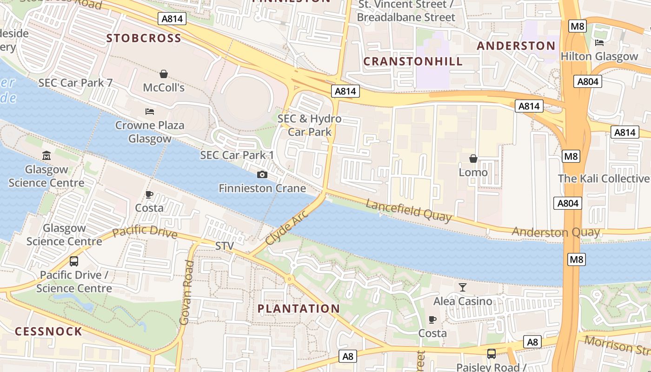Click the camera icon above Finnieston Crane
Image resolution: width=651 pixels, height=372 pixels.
coord(262,175)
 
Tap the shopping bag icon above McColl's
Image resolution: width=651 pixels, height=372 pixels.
coord(164,74)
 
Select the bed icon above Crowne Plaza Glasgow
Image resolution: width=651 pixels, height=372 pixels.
coord(150,112)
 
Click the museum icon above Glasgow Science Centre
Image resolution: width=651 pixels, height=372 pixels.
coord(46,155)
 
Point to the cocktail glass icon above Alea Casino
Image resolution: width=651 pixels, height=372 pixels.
coord(462,287)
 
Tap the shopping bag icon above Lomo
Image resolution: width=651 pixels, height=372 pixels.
coord(473,159)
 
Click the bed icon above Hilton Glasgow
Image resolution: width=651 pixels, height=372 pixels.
coord(599,43)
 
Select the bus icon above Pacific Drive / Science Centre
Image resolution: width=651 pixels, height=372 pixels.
coord(74,261)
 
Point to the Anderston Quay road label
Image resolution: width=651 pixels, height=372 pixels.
coord(556,232)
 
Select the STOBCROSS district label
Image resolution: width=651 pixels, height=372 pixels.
coord(144,38)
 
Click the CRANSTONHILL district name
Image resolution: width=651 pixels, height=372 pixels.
coord(413,61)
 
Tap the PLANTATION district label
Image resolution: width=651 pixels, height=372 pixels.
coord(299,309)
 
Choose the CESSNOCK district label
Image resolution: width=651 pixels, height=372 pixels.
coord(48,332)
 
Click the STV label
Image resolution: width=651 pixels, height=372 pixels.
coord(225,246)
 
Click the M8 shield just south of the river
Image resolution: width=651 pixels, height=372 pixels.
coord(576,259)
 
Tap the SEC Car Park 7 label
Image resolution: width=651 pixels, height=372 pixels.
coord(75,83)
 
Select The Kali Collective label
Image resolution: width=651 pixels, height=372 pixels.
coord(604,179)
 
